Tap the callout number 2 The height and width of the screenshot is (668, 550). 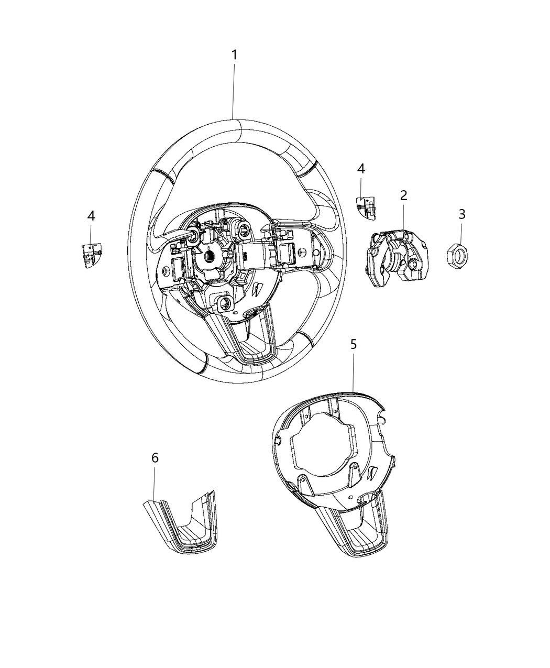click(403, 196)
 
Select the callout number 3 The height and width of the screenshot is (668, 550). click(461, 214)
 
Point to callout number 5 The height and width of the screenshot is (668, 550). click(354, 344)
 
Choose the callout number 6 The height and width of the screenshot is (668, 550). click(155, 458)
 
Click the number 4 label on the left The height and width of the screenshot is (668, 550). click(91, 216)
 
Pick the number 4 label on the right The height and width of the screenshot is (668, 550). click(361, 169)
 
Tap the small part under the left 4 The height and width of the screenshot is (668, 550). click(91, 255)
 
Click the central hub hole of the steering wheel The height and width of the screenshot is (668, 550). click(208, 256)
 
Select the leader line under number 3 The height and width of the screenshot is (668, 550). click(461, 233)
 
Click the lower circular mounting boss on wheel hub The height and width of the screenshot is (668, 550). click(226, 303)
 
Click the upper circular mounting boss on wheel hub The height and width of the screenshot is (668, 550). click(243, 229)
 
